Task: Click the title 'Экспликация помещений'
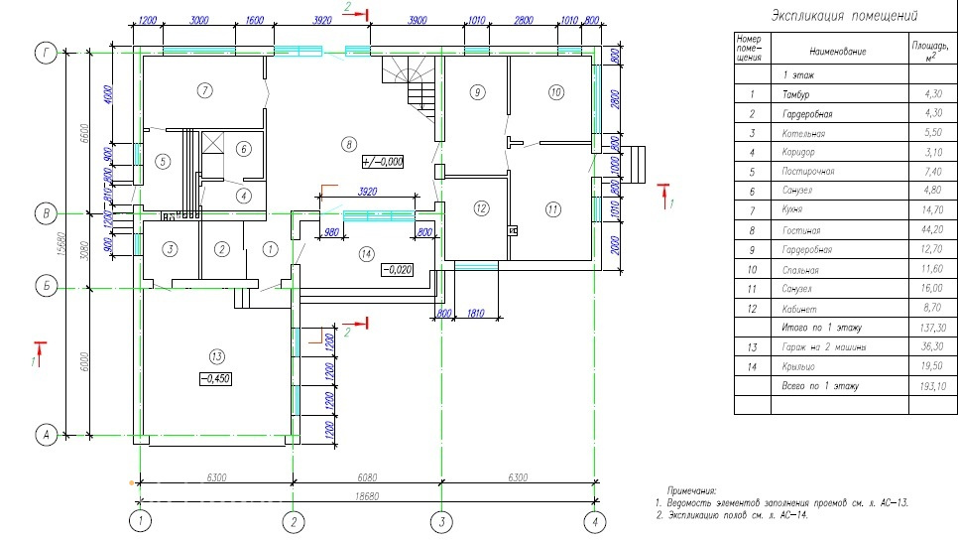843,16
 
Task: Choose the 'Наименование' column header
837,51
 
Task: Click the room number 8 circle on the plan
348,145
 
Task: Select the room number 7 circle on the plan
204,91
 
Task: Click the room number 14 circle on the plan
367,254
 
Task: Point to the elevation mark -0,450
215,378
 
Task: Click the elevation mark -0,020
399,269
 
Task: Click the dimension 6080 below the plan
365,477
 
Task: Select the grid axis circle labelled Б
44,288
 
